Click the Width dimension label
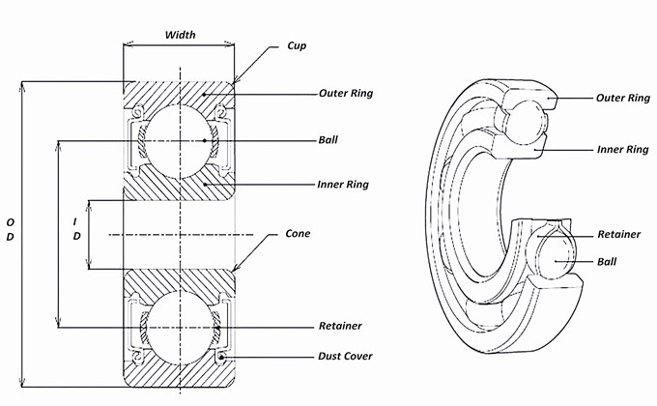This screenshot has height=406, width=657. (x=180, y=35)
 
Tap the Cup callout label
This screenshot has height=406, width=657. (x=297, y=46)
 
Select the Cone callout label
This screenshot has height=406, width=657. (x=298, y=234)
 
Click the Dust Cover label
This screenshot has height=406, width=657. (x=345, y=356)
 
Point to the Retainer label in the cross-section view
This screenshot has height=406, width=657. (x=340, y=326)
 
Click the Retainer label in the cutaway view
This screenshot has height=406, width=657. (x=619, y=234)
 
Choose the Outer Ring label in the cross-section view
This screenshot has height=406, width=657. (x=346, y=93)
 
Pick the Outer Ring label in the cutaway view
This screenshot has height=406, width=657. (x=623, y=99)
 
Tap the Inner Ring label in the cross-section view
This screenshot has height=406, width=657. (x=343, y=185)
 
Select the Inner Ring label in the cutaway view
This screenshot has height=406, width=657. (x=622, y=150)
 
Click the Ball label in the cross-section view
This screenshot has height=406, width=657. (x=328, y=139)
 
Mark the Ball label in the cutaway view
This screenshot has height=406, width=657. (x=607, y=262)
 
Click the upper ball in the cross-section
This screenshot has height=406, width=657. (x=180, y=141)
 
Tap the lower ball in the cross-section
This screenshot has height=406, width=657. (x=180, y=328)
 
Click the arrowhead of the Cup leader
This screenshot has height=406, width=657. (x=235, y=81)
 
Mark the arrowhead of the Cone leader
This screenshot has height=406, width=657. (x=234, y=270)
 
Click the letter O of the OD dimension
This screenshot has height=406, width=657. (x=10, y=221)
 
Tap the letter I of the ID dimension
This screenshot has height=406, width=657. (x=75, y=221)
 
